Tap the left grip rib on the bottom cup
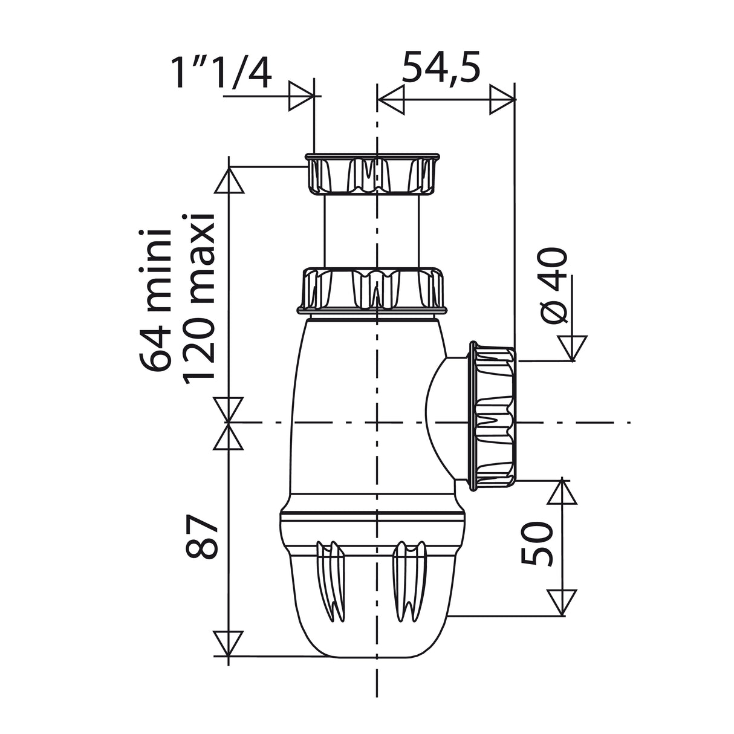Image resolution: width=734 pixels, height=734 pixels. (331, 581)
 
